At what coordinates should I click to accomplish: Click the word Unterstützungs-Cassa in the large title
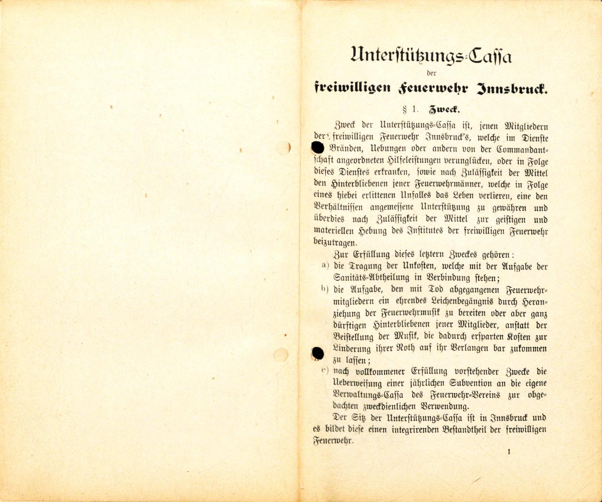pos(431,56)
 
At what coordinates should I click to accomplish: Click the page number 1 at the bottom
pos(509,451)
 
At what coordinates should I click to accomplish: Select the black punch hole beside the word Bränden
pos(317,148)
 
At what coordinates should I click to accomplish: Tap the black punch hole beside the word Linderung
pos(317,353)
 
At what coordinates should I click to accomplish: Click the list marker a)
pos(325,265)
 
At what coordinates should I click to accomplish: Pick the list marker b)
pos(325,289)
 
